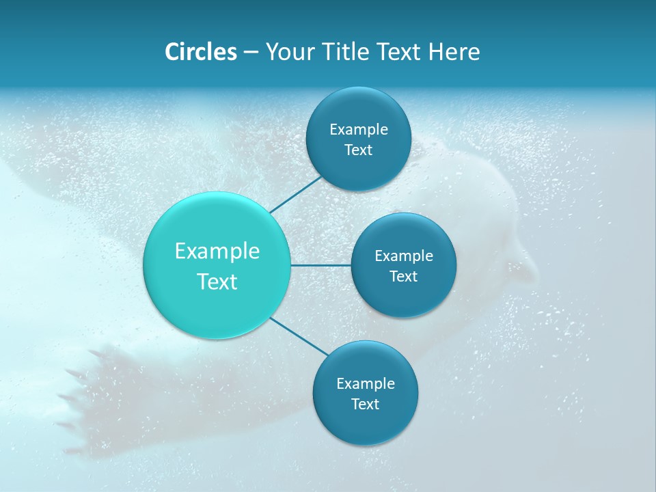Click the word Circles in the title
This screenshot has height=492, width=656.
[x=200, y=52]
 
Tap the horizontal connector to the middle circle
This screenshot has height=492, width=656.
[x=321, y=264]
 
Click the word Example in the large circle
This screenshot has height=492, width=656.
[x=217, y=251]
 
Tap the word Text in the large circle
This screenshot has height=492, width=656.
[x=217, y=282]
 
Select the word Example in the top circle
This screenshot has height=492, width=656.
[x=358, y=130]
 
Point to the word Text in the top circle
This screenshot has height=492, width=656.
[x=358, y=150]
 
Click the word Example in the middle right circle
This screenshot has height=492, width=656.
[x=403, y=256]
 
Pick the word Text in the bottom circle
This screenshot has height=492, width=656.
[x=365, y=405]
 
